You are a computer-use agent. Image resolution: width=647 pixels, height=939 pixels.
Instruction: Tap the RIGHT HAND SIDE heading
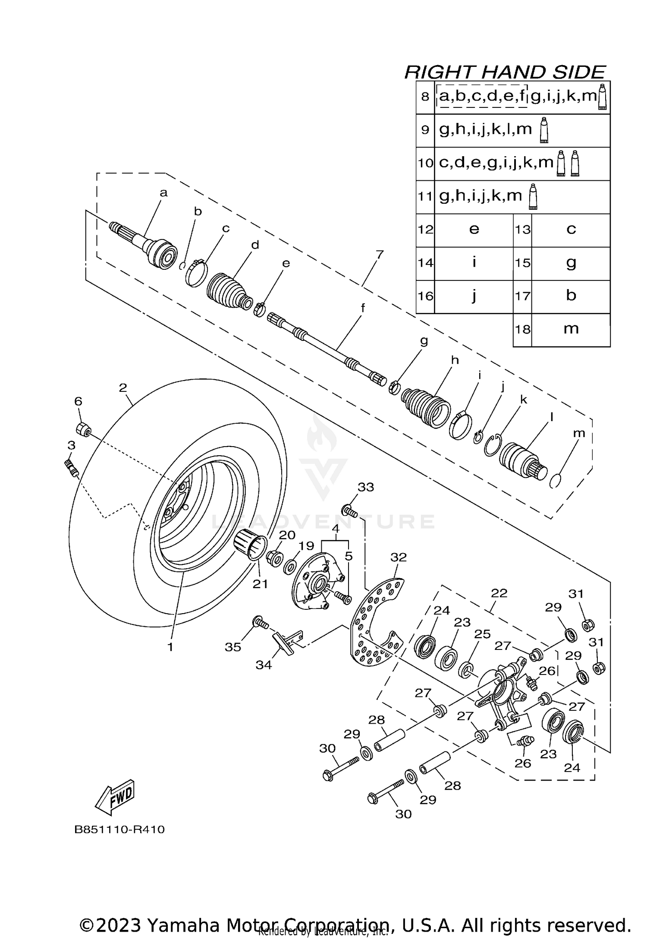click(x=505, y=72)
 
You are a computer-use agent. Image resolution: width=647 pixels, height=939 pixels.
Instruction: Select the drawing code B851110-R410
click(x=119, y=830)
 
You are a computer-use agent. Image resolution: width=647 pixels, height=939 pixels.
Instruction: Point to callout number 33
click(x=366, y=487)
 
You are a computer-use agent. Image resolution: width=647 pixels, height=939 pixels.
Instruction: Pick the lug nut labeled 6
click(x=83, y=430)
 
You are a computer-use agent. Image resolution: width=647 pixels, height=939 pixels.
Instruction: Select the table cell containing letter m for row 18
click(x=571, y=329)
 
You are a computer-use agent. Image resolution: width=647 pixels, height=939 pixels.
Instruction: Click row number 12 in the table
click(x=425, y=230)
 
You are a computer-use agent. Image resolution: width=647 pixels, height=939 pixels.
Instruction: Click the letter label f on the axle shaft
click(x=363, y=308)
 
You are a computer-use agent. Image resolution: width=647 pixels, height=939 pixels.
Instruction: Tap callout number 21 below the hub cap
click(x=260, y=584)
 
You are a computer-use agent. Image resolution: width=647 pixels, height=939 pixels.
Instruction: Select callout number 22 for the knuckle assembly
click(x=499, y=593)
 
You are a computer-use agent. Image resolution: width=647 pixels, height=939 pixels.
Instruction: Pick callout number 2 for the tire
click(x=123, y=388)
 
